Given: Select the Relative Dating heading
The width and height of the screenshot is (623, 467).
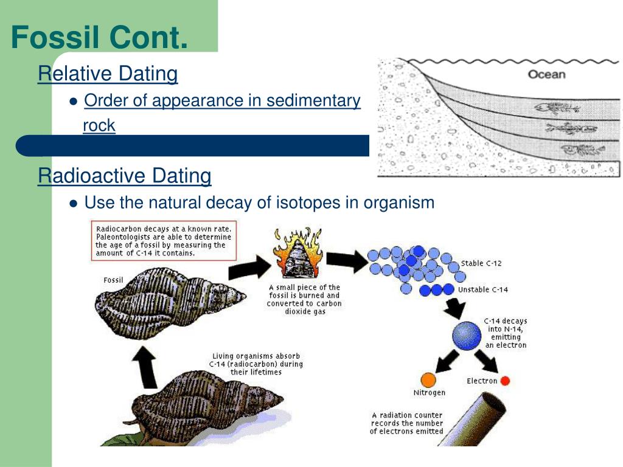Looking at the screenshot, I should point(108,74).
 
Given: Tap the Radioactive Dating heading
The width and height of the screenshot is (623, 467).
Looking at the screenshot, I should point(125,176).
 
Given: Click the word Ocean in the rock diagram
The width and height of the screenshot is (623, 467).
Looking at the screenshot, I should point(546,75).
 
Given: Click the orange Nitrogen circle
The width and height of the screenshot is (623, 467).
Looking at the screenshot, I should point(429,379).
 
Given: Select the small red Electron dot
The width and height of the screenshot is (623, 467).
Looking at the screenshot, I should point(505,381).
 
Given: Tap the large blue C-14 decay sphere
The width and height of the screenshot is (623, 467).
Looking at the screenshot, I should point(467,334).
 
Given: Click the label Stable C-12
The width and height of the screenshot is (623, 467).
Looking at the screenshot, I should point(481,263).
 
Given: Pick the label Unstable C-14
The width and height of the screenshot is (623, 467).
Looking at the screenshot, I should point(483,289).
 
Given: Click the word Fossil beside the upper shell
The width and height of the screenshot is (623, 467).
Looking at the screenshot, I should point(113,280).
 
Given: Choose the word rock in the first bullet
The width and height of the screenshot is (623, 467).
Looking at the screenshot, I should point(99,125).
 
